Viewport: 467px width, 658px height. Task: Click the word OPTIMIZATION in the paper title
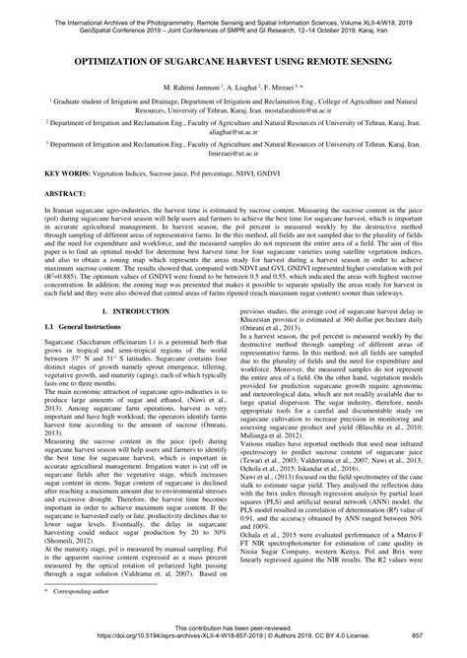click(x=123, y=61)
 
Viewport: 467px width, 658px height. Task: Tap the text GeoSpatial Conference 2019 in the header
click(x=89, y=18)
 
